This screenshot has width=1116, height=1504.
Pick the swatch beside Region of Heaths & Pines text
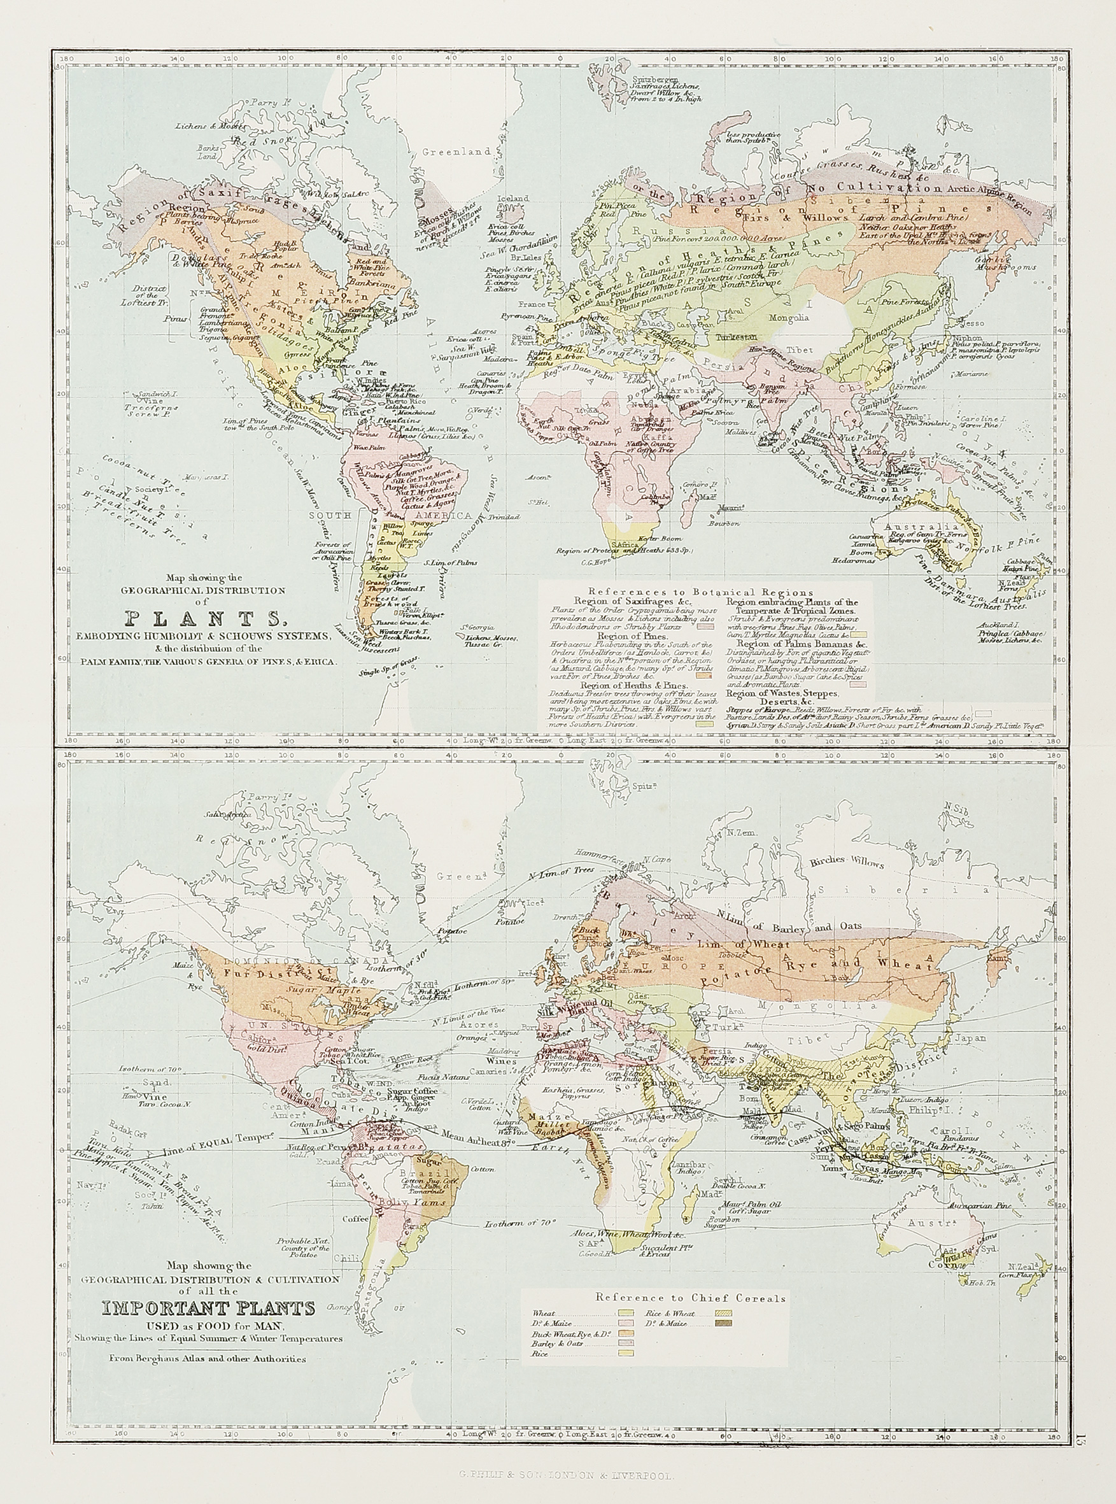pos(706,722)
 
